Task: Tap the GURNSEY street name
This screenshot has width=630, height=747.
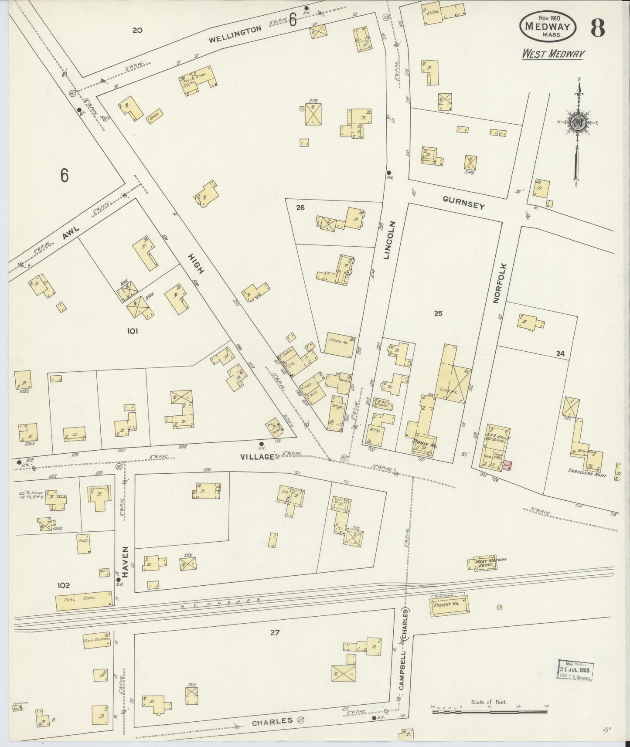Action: [x=463, y=202]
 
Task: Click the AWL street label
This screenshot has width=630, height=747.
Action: [x=69, y=234]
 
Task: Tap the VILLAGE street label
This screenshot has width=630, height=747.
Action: [x=258, y=457]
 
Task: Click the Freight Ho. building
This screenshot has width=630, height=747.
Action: [x=450, y=606]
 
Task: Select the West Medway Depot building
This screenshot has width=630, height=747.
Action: [x=485, y=564]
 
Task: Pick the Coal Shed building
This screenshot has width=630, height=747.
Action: [x=83, y=601]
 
